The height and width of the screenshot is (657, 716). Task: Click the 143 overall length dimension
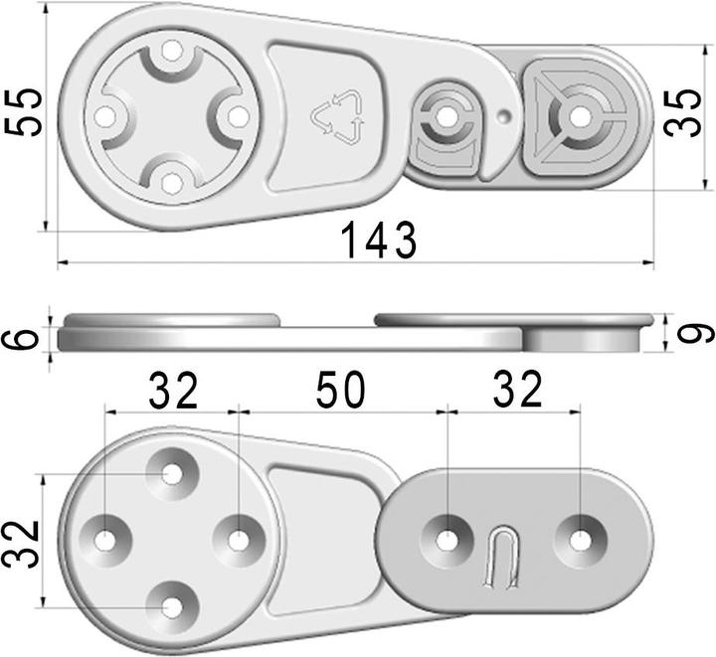point(377,240)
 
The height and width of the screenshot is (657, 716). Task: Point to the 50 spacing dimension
point(341,391)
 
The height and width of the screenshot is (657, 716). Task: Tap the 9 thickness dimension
point(697,331)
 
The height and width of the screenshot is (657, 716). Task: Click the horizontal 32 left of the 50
point(173,391)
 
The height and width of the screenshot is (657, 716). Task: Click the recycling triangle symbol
point(338,115)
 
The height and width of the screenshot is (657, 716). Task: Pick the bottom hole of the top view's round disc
point(171,183)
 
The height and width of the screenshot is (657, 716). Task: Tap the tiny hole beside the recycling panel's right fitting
point(507,116)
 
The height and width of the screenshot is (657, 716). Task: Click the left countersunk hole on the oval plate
point(448,540)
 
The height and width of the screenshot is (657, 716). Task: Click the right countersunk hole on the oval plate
point(579,540)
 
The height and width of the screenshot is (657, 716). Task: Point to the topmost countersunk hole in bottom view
point(173,473)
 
